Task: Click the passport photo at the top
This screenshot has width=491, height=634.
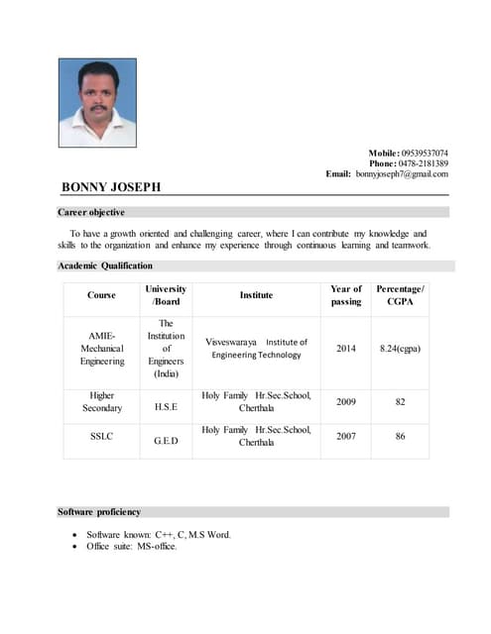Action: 97,102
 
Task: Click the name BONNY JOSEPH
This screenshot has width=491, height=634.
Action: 110,187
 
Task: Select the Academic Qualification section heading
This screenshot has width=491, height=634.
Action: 105,265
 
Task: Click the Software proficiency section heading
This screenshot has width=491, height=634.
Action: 99,512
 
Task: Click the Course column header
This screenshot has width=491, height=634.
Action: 101,295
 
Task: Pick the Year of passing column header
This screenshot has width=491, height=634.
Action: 346,295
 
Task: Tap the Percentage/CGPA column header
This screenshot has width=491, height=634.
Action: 400,295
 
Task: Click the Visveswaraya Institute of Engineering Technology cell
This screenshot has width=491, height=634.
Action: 256,349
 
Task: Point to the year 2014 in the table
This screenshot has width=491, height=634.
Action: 346,349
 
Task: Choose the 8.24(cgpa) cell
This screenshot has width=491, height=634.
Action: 400,349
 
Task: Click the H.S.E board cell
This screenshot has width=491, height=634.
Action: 166,406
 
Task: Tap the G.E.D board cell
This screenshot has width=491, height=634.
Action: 166,441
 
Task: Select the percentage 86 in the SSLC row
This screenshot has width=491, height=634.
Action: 400,436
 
